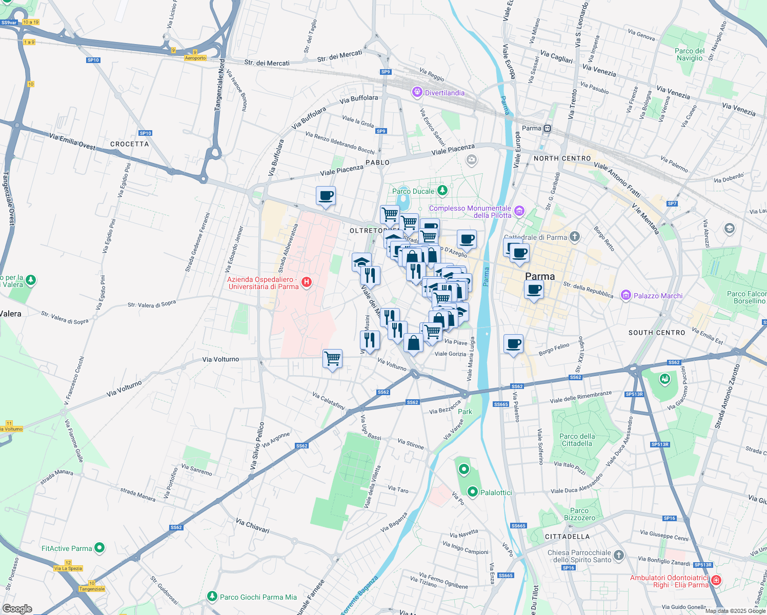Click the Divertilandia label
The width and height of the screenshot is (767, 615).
coord(445,93)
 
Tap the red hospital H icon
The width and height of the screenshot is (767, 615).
coord(307,282)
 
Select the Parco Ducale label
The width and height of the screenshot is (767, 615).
coord(413,191)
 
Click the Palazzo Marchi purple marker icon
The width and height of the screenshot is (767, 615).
coord(625,295)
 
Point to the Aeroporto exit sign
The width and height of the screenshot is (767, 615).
coord(195,58)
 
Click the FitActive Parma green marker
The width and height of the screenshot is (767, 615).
coord(100,548)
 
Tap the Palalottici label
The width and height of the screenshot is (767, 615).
coord(496,493)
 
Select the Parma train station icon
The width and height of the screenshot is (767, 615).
coord(548,128)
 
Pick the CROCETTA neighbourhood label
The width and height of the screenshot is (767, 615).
coord(129,144)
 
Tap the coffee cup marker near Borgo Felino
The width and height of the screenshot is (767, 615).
coord(513,344)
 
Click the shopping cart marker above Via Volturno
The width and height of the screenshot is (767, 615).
coord(333,358)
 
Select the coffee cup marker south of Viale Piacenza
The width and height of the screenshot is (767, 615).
coord(326,196)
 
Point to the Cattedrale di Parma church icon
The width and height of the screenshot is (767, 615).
coord(575,236)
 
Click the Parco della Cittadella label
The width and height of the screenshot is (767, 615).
coord(577,440)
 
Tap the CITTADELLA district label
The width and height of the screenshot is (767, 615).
coord(567,537)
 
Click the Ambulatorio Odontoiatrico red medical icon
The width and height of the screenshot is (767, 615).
coord(716,581)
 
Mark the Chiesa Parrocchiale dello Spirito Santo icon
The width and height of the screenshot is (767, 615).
coord(619,556)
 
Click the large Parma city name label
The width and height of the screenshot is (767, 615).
coord(540,276)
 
